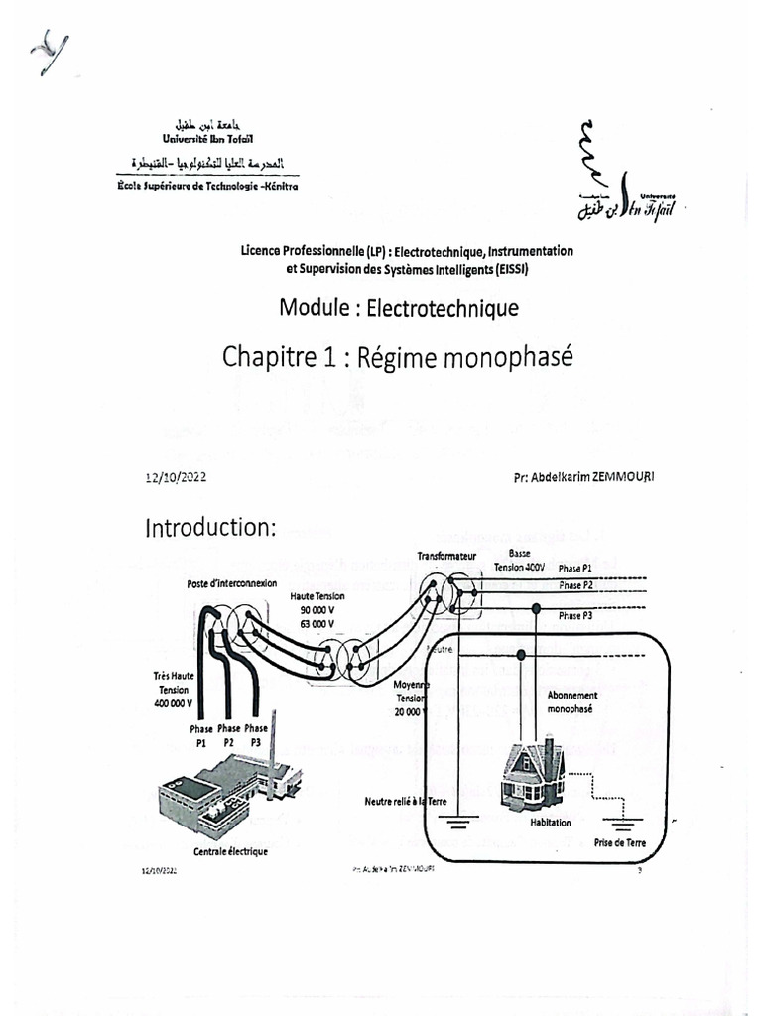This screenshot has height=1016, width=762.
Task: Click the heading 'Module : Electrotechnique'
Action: click(399, 308)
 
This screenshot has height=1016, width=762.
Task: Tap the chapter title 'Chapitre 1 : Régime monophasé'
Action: click(398, 356)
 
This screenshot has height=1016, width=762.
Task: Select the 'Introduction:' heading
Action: click(210, 528)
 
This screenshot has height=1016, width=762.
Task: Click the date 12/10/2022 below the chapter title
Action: click(177, 477)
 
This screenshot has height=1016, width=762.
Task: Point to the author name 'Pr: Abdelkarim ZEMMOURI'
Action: click(584, 476)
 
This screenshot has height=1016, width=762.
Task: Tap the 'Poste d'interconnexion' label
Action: click(231, 583)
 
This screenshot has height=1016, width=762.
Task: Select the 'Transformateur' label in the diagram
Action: click(447, 558)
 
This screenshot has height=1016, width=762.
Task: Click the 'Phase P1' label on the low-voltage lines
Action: click(574, 568)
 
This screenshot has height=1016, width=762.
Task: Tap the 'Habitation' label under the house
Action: click(551, 823)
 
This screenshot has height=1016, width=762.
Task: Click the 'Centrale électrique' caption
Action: click(230, 851)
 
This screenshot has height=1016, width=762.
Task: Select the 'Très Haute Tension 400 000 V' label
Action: click(174, 690)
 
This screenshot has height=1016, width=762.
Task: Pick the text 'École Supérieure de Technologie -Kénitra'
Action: click(206, 186)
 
